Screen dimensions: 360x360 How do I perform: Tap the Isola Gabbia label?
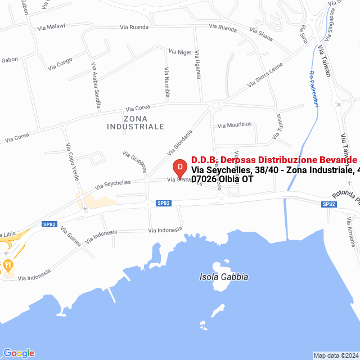click(224, 277)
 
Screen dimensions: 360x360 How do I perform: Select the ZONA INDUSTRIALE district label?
click(136, 123)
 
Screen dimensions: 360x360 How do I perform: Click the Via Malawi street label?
click(52, 26)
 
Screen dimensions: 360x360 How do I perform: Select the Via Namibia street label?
click(166, 83)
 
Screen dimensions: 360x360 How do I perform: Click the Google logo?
click(19, 353)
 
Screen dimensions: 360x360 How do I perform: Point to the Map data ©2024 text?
click(335, 355)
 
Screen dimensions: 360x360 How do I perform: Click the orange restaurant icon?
click(7, 264)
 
